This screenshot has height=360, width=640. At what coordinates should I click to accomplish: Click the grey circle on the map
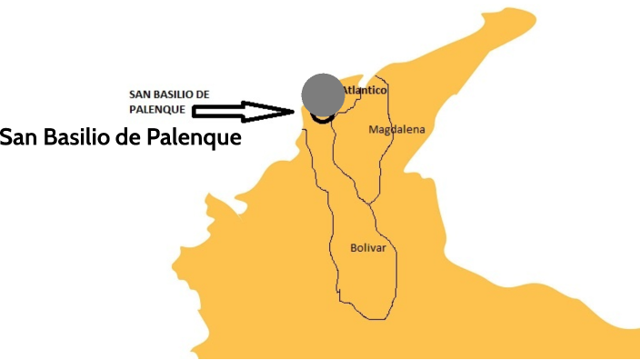pos(322,94)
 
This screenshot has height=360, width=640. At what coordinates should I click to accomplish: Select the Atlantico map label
pos(365,91)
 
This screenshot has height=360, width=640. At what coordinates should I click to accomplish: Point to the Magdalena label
pos(396,130)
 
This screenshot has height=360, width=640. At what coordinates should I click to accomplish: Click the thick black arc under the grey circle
pos(321,118)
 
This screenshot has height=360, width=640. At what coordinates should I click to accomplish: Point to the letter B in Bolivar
pos(355,247)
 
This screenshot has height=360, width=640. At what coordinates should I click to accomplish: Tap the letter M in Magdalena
pos(373,130)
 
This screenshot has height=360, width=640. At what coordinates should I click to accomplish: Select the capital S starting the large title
pos(6,138)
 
